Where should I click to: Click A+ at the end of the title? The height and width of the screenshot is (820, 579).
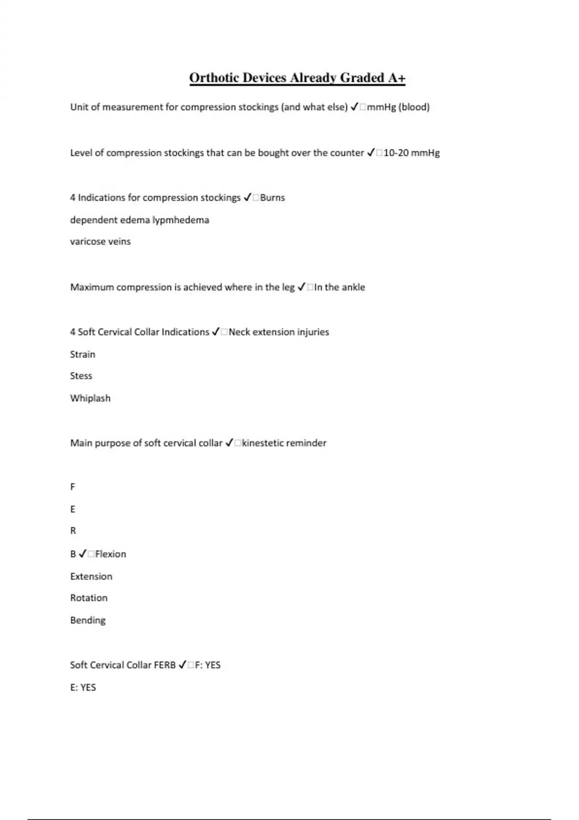(x=397, y=78)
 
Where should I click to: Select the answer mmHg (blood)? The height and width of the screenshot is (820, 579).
(x=398, y=107)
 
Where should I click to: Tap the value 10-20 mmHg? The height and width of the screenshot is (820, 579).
(x=412, y=153)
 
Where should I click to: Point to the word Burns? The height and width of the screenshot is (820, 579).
(x=273, y=198)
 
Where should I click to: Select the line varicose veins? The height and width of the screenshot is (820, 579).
(x=100, y=242)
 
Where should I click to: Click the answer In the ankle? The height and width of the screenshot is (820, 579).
(x=340, y=287)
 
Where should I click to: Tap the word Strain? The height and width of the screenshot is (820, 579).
(x=83, y=355)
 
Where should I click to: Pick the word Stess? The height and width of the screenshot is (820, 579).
(x=81, y=376)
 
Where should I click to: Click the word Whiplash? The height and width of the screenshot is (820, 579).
(x=90, y=398)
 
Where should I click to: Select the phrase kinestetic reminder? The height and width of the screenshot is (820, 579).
(x=284, y=443)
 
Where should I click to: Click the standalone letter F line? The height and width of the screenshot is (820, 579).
(x=73, y=487)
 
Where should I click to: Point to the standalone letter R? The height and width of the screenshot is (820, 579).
(x=73, y=531)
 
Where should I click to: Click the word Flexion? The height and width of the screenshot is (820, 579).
(x=110, y=554)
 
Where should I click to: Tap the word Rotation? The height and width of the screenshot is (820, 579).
(x=89, y=598)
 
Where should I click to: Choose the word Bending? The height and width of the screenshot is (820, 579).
(x=88, y=620)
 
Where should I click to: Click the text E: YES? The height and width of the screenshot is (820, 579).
(x=83, y=687)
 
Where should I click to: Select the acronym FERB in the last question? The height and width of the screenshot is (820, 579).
(x=165, y=665)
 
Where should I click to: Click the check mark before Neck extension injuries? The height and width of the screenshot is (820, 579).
(x=216, y=332)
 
